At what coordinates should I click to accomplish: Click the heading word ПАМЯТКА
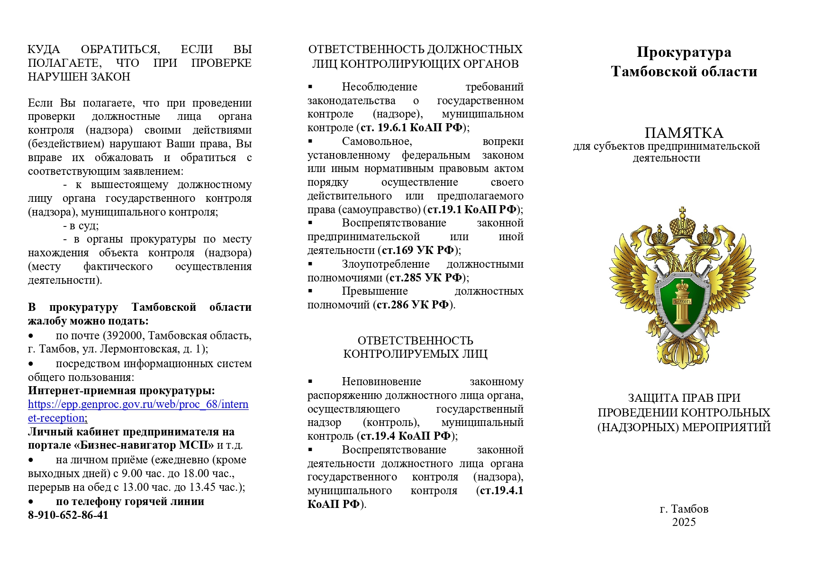683,133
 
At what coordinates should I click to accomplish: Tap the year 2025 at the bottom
684,522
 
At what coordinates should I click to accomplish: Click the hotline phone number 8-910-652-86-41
68,515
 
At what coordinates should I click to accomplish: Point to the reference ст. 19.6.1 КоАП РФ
411,127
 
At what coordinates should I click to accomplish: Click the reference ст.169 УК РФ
418,250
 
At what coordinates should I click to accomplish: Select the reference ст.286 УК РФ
413,305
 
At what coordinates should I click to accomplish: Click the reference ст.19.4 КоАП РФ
406,436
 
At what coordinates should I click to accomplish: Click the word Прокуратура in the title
683,52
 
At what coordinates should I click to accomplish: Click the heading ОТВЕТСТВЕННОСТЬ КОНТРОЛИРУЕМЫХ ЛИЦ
415,347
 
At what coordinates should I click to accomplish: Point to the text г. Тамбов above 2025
684,509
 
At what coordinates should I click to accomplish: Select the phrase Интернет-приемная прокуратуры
121,390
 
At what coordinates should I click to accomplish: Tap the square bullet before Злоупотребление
310,263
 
